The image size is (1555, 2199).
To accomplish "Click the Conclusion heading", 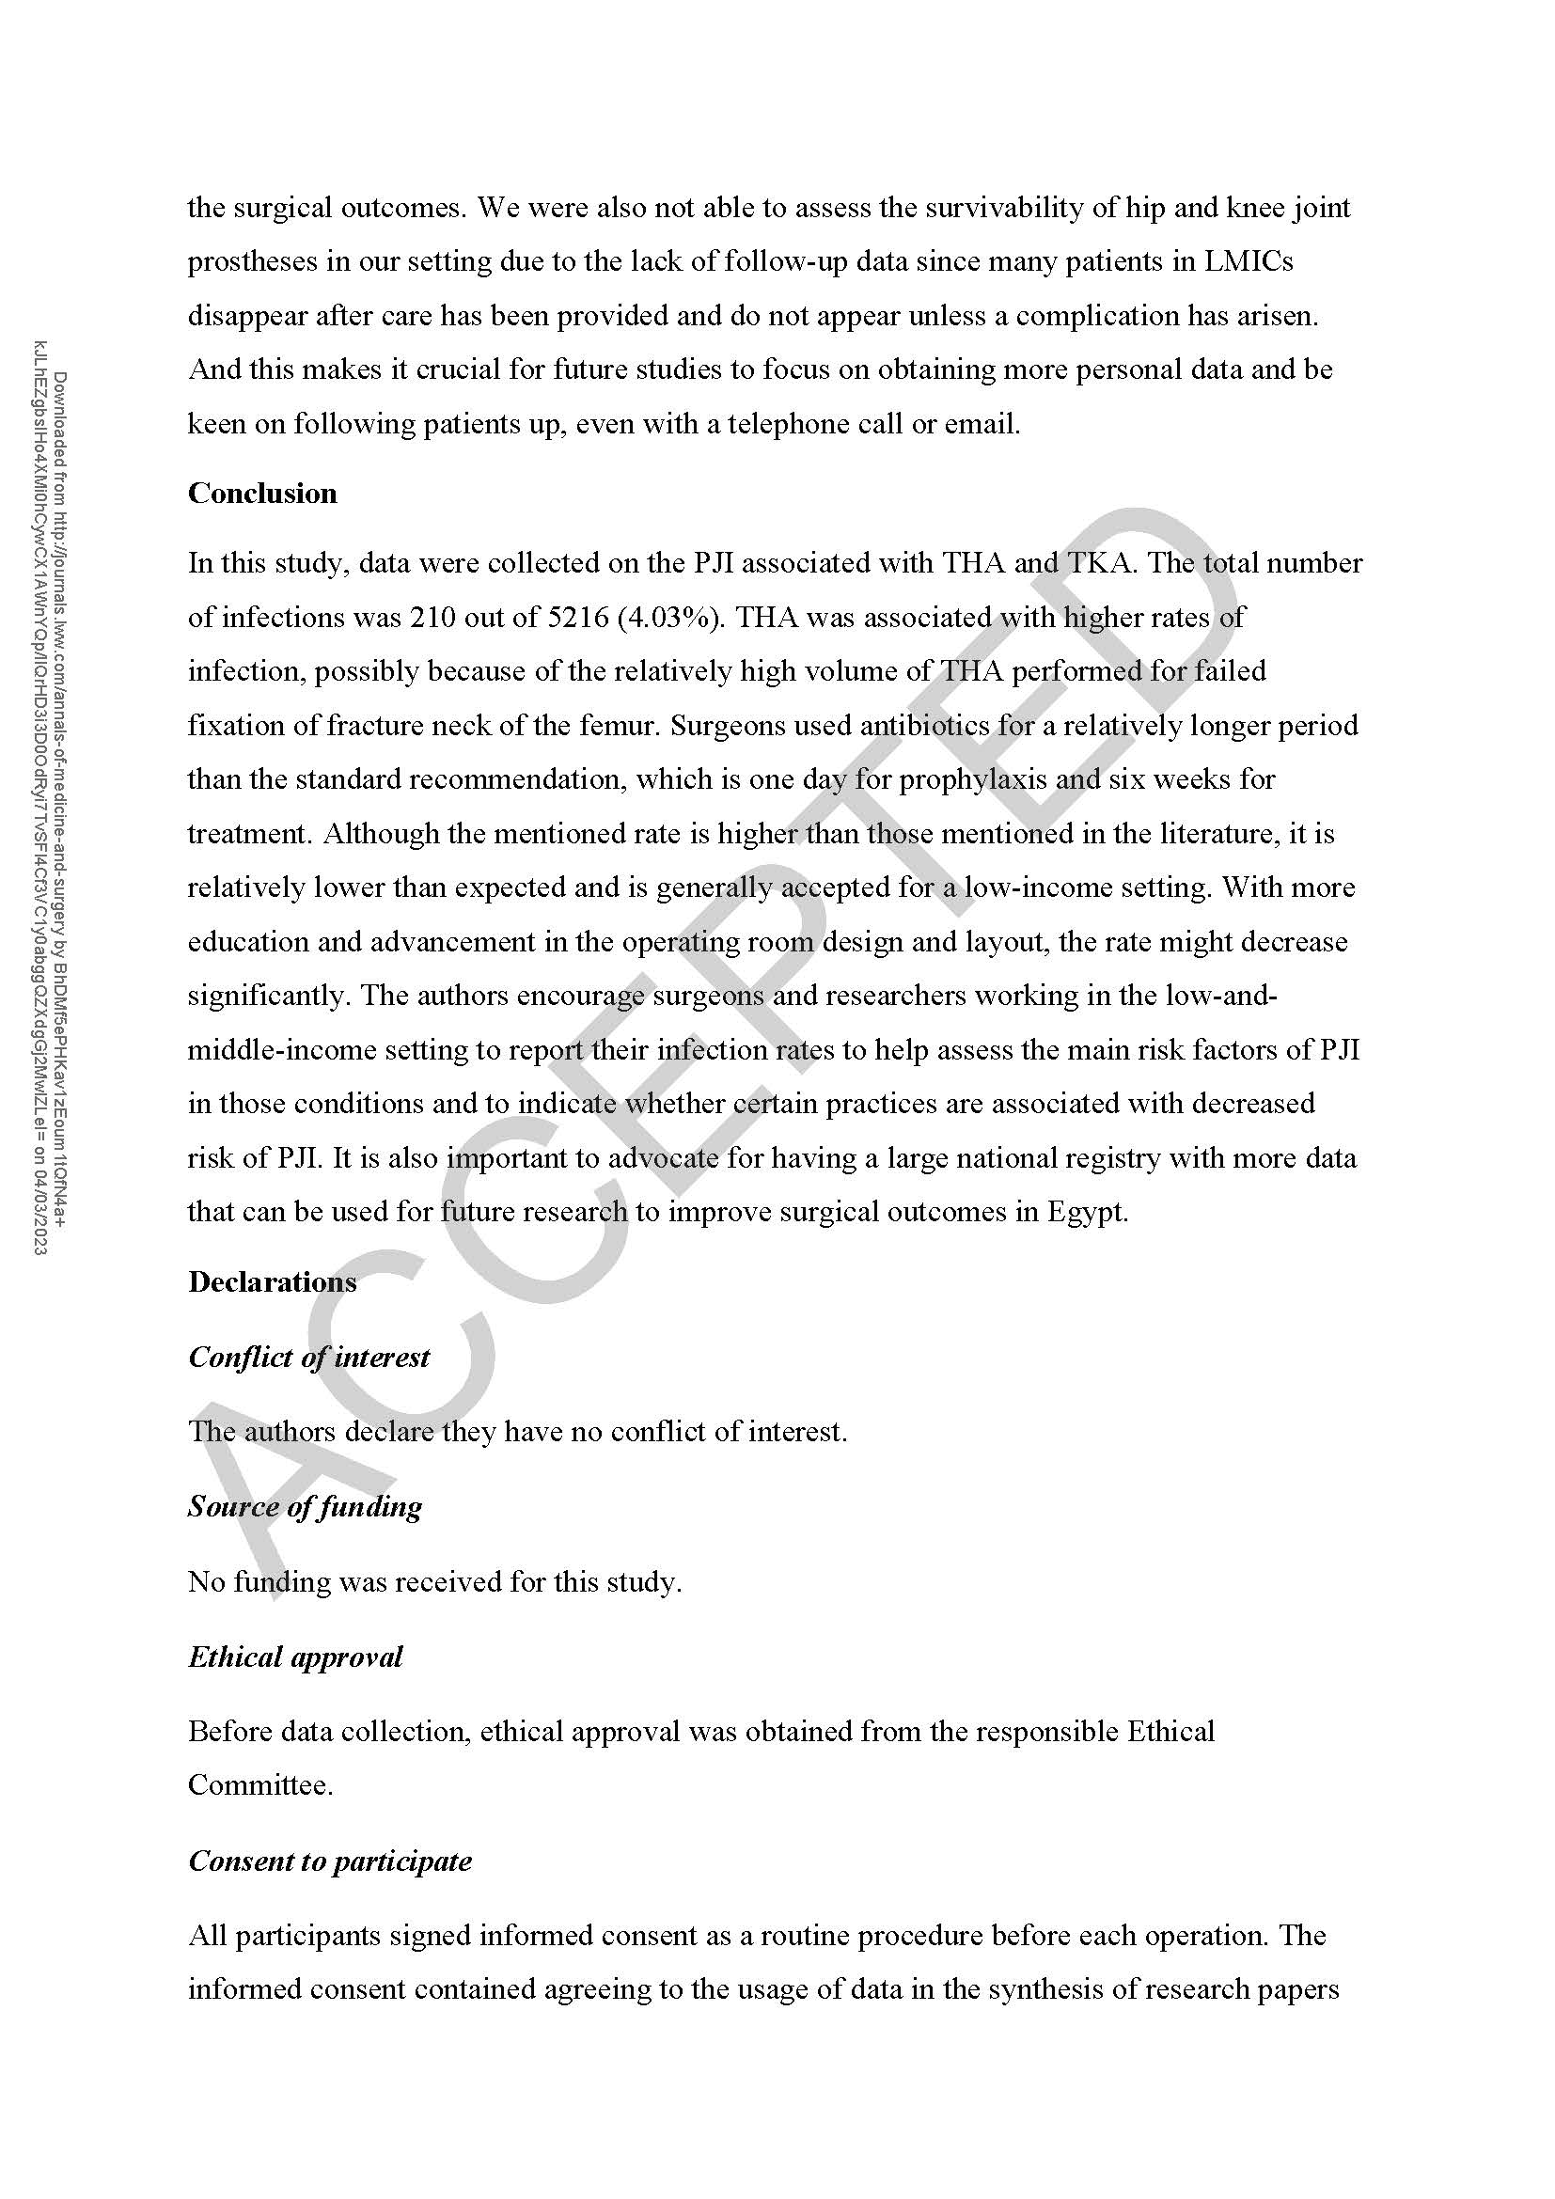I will point(262,494).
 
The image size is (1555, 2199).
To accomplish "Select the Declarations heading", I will point(272,1281).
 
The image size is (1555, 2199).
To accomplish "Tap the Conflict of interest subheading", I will point(308,1357).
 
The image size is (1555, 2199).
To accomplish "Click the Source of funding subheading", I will point(305,1505).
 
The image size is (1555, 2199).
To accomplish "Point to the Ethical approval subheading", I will point(295,1656).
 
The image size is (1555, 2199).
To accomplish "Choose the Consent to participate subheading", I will point(329,1860).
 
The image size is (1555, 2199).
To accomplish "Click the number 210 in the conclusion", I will point(432,617).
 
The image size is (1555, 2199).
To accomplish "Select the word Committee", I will point(259,1784).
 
